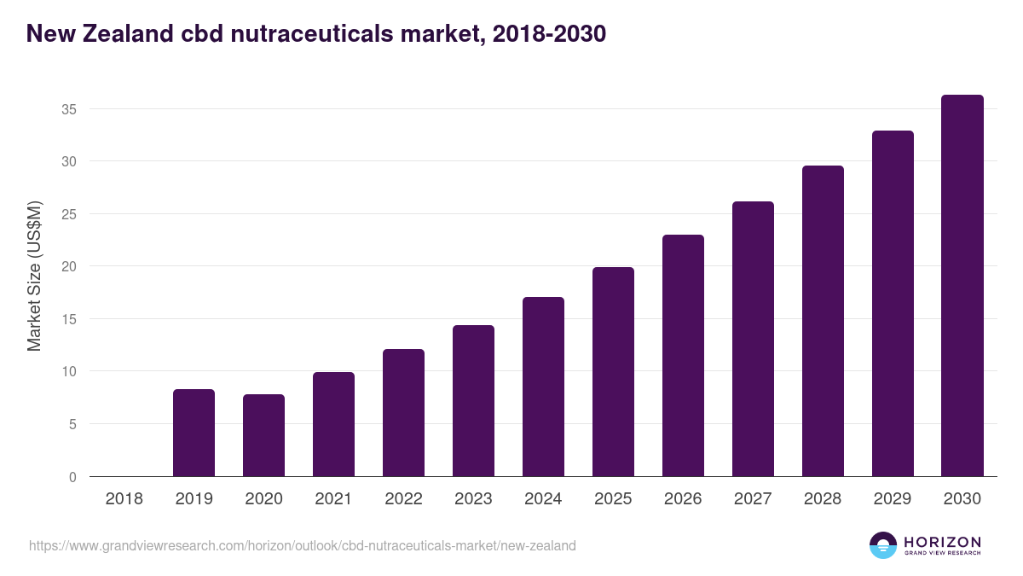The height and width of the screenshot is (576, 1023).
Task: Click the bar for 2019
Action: click(x=194, y=433)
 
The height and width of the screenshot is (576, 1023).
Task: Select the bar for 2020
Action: click(x=263, y=435)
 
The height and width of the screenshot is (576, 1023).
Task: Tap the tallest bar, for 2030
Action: click(x=962, y=286)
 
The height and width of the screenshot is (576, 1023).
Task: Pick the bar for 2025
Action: click(x=613, y=372)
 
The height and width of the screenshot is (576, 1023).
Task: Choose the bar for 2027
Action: click(x=753, y=339)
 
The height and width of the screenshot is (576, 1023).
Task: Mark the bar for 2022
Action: click(x=403, y=413)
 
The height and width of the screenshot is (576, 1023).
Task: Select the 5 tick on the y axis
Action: click(x=72, y=424)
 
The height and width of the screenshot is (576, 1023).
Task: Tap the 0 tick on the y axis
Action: click(x=72, y=477)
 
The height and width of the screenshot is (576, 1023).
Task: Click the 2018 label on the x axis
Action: click(x=124, y=498)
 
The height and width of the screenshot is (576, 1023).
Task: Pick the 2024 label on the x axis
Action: click(x=543, y=498)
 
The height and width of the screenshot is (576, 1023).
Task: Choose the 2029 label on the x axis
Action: click(x=893, y=498)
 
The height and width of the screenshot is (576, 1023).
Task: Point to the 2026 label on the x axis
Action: click(x=683, y=498)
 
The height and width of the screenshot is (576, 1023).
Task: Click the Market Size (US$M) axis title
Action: click(x=34, y=276)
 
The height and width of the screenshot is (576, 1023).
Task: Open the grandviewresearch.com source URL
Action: click(x=303, y=545)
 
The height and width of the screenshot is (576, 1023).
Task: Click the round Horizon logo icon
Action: click(x=883, y=545)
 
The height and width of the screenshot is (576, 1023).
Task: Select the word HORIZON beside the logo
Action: click(x=942, y=542)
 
